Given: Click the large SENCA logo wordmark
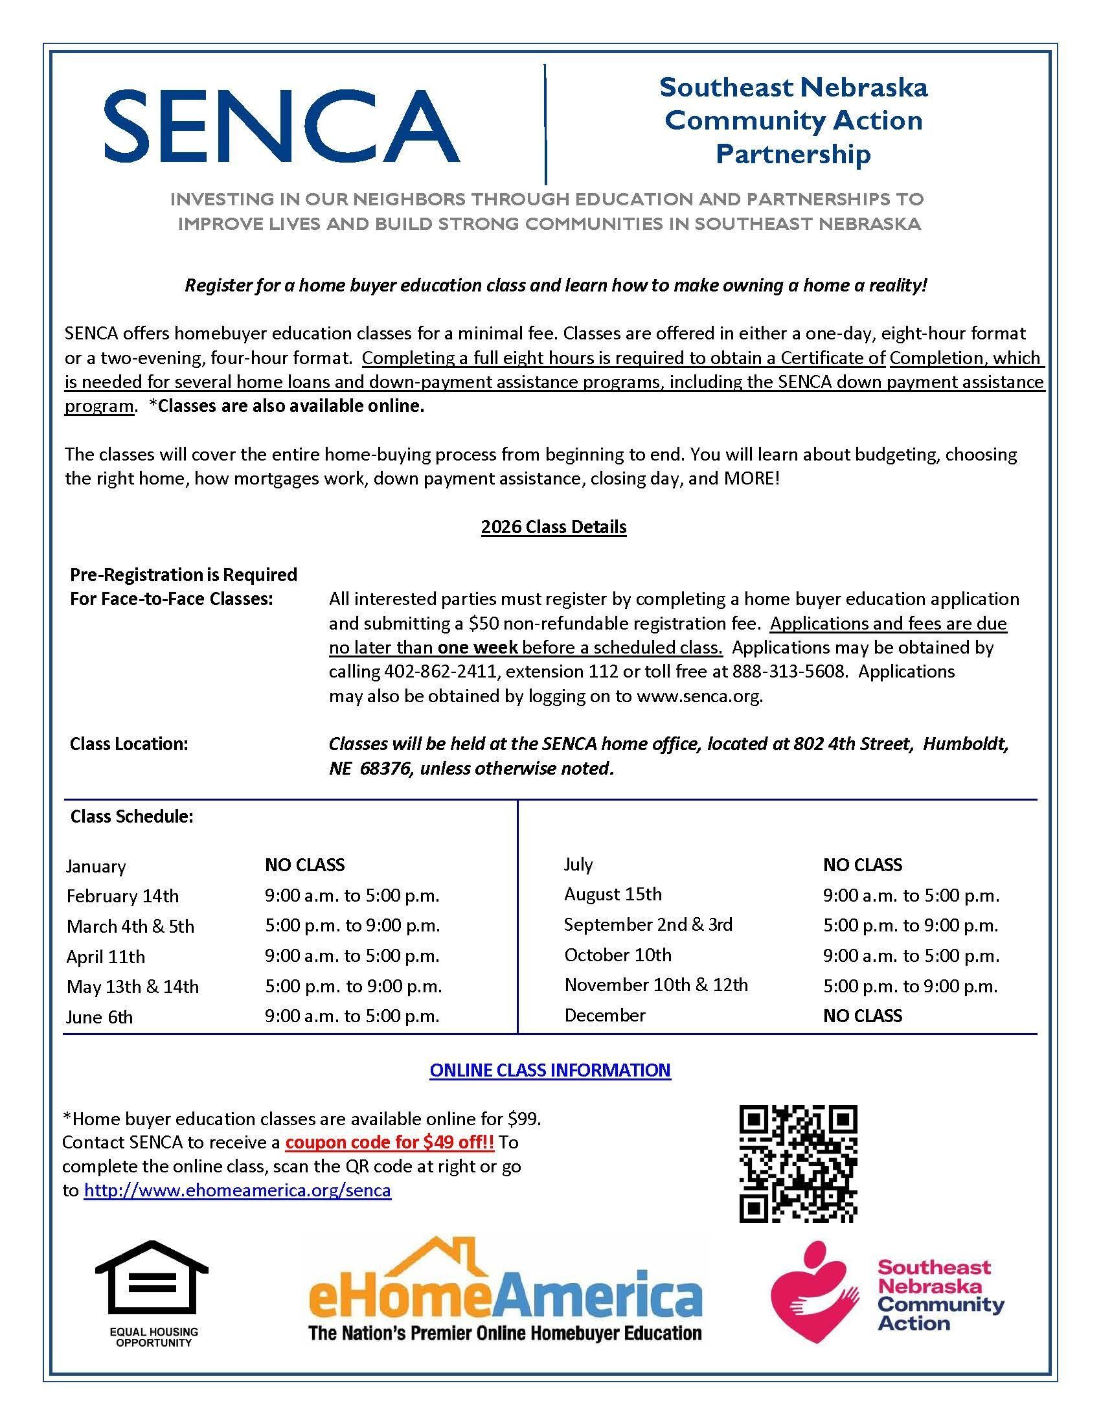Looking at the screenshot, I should pos(282,125).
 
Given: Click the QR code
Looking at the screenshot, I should pos(798,1163).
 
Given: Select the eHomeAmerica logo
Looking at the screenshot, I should pos(505,1292).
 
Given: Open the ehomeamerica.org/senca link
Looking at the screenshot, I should pos(238,1190).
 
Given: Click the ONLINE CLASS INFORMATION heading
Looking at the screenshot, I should pos(550,1070).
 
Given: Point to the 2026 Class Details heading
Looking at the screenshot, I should pos(554,527).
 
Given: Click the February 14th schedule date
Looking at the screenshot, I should pos(122,896).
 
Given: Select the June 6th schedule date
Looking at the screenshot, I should pos(99,1016).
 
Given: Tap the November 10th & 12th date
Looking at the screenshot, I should pos(656,985).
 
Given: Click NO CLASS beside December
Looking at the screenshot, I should pos(862,1015).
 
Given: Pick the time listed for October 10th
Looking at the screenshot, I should pos(911,956).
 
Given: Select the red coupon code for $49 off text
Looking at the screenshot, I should pos(389,1142).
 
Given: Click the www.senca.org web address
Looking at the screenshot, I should pos(699,696).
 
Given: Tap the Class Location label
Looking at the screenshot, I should pos(129,744).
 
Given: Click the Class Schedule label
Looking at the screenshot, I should pos(131,816).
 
